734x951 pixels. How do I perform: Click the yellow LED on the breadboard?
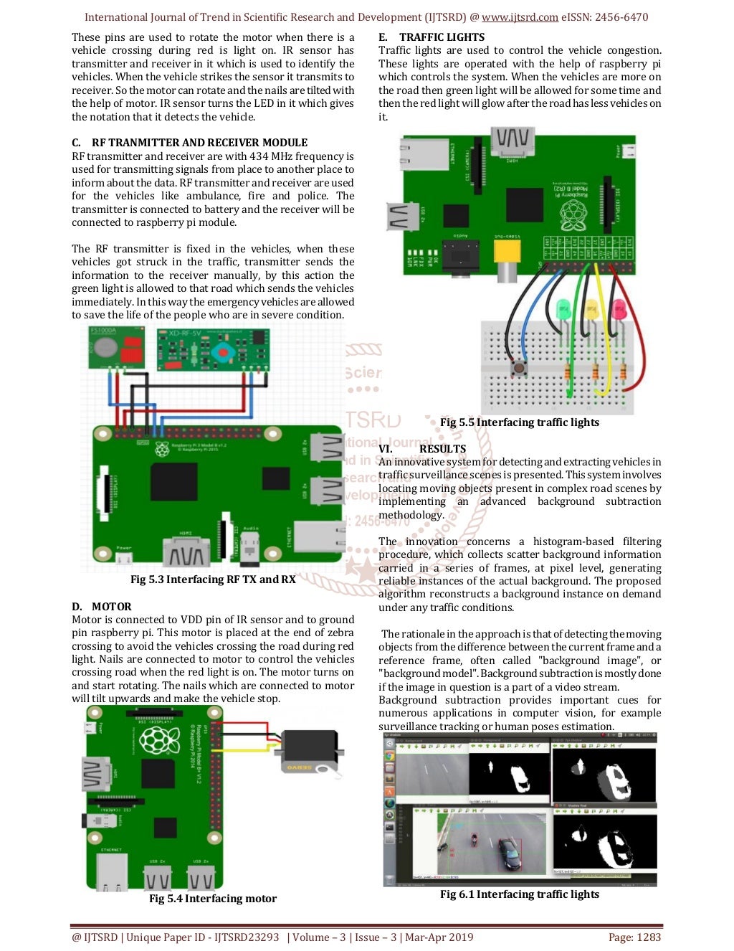pyautogui.click(x=591, y=310)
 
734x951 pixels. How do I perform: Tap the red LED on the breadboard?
pyautogui.click(x=618, y=310)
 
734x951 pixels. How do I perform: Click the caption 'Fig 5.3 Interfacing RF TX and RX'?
pyautogui.click(x=213, y=579)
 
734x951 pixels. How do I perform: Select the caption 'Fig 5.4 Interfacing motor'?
pyautogui.click(x=213, y=899)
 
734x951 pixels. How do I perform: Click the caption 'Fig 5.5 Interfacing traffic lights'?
pyautogui.click(x=520, y=422)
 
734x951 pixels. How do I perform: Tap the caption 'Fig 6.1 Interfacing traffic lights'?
pyautogui.click(x=520, y=894)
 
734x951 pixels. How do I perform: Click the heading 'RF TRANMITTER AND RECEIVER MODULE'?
pyautogui.click(x=199, y=143)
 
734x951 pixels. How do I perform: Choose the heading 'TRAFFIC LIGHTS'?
pyautogui.click(x=442, y=37)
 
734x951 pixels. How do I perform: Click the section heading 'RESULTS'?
pyautogui.click(x=442, y=449)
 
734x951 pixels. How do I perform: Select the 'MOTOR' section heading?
pyautogui.click(x=111, y=607)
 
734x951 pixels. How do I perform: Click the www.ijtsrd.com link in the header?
pyautogui.click(x=520, y=17)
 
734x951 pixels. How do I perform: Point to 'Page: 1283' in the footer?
pyautogui.click(x=634, y=937)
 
